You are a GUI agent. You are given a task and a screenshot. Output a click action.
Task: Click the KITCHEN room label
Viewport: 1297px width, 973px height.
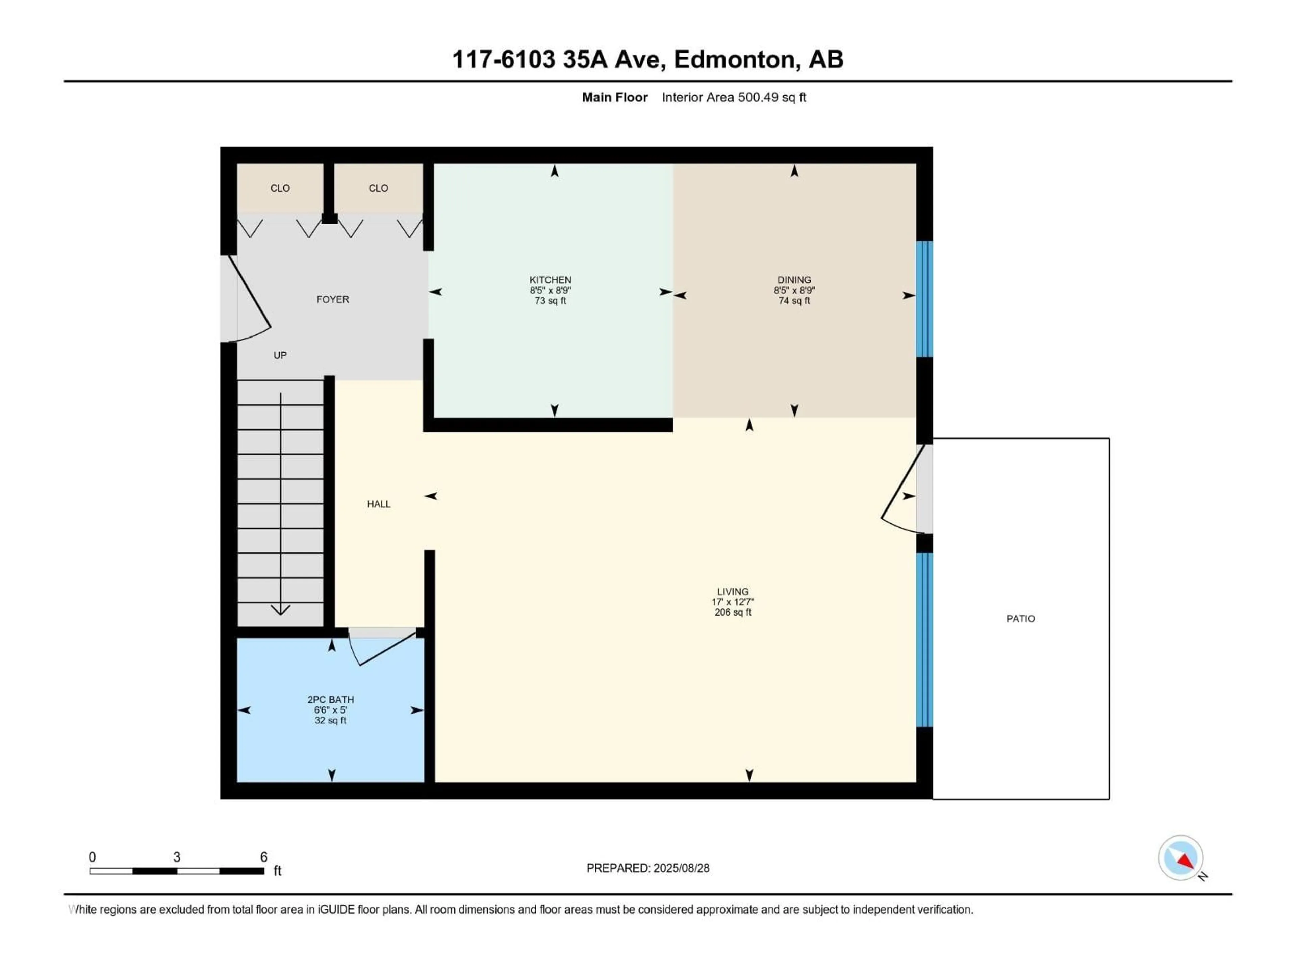550,280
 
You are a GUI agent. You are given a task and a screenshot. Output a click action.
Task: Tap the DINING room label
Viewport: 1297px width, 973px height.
794,280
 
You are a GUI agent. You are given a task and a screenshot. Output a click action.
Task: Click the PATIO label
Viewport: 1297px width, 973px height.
1020,618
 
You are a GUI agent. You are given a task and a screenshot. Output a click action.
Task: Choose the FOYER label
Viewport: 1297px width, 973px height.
332,299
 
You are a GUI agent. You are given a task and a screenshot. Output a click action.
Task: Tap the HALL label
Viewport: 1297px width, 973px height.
378,504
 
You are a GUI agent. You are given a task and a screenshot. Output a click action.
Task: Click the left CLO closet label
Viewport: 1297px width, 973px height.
280,188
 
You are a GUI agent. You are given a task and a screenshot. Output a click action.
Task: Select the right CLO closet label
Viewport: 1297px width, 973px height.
378,188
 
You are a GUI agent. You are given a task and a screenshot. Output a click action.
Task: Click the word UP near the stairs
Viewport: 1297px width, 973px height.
280,355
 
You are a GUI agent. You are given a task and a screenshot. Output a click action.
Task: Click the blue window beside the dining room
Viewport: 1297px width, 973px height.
924,299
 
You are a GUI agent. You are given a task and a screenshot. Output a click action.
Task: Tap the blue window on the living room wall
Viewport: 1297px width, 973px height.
924,639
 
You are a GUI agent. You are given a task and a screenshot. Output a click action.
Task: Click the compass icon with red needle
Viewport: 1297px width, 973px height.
1180,858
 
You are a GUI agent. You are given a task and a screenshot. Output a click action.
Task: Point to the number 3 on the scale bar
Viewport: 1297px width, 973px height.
177,857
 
